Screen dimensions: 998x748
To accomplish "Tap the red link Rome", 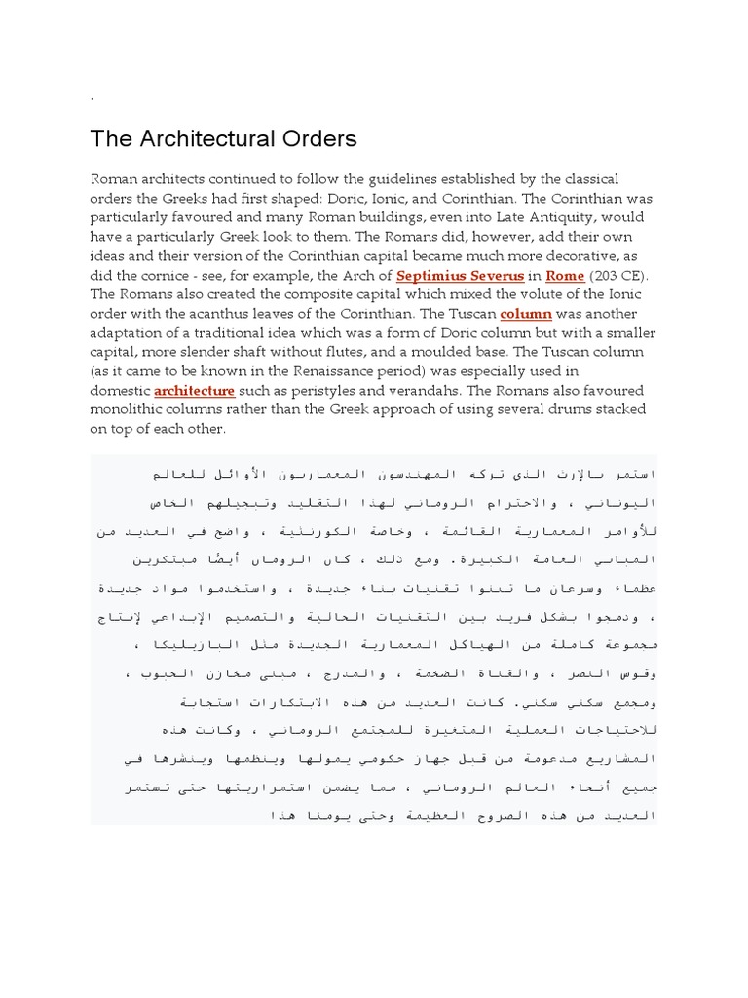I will click(565, 276).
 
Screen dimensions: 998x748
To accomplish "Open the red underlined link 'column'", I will click(526, 314).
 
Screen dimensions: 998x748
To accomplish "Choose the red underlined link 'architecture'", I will click(195, 391).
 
